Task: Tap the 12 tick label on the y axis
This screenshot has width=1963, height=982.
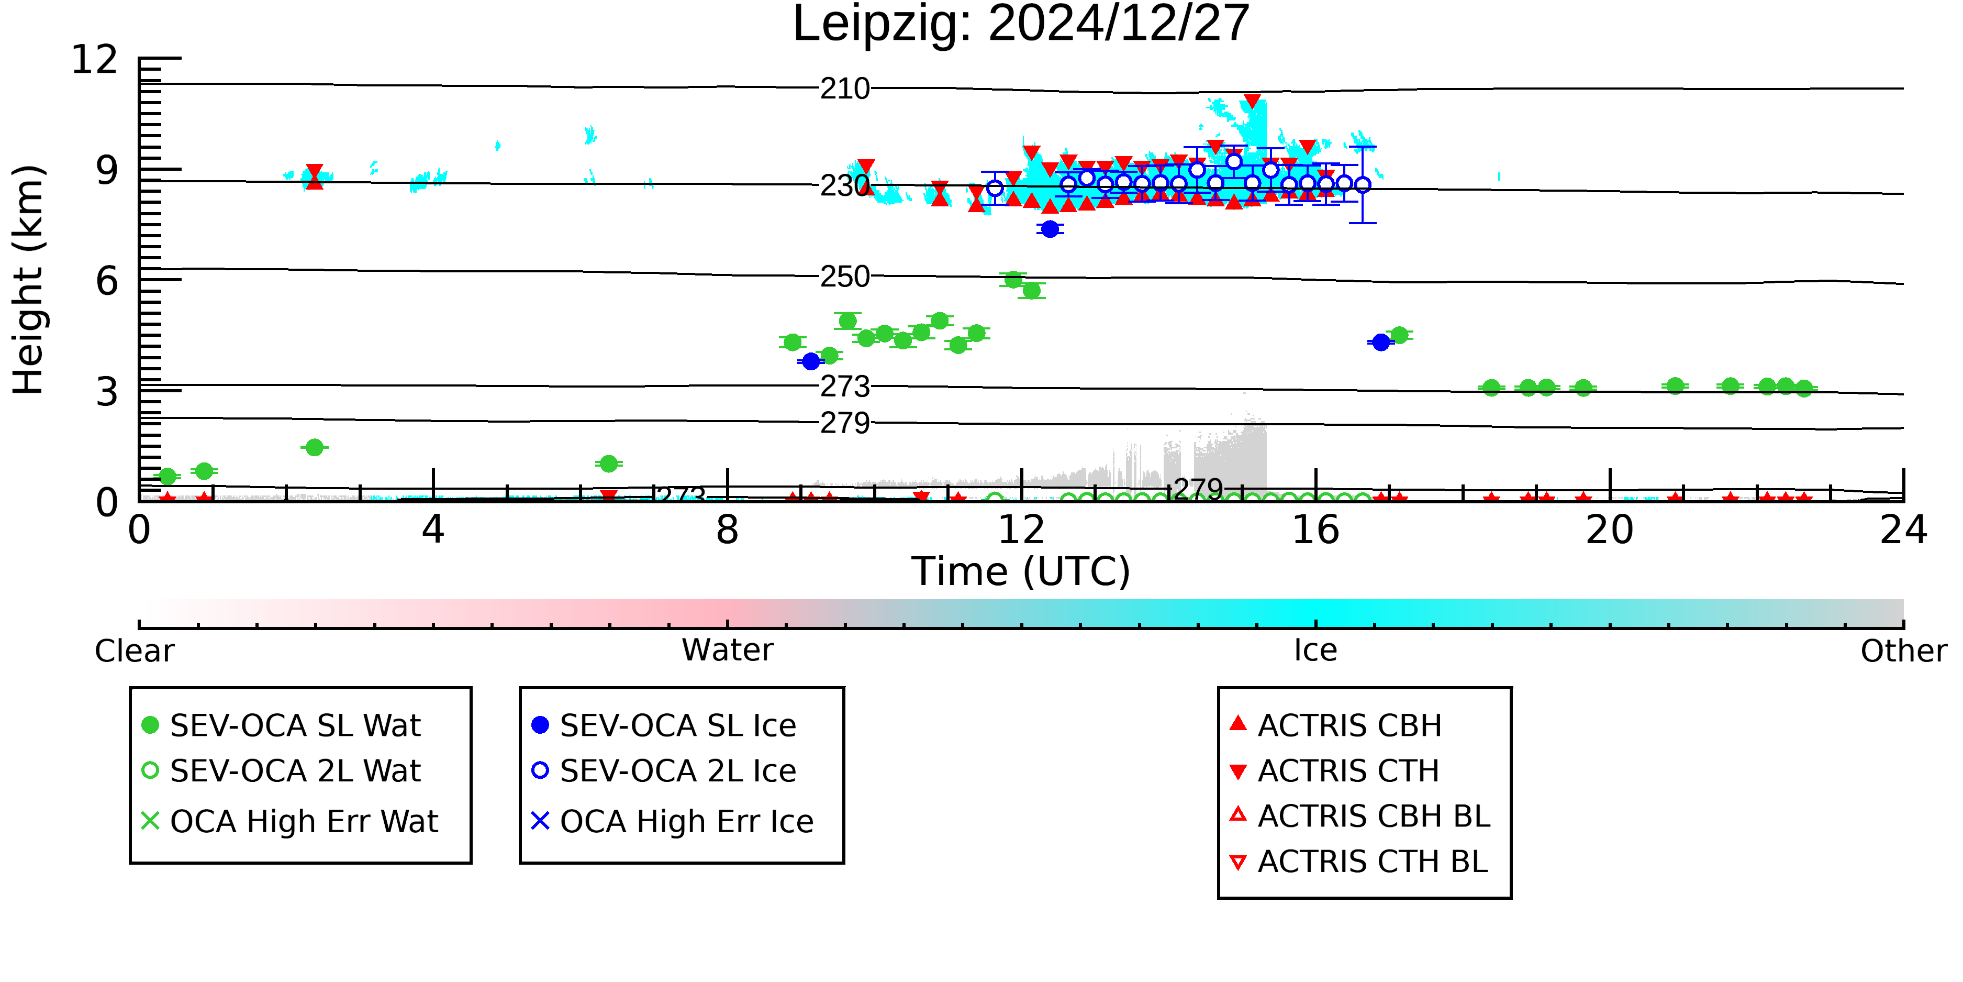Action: coord(95,60)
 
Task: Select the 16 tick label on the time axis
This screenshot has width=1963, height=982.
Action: coord(1315,530)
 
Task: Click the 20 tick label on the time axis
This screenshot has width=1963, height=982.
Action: coord(1610,530)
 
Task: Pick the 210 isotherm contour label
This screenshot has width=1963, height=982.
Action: coord(845,89)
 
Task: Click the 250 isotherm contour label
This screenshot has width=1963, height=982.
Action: coord(845,277)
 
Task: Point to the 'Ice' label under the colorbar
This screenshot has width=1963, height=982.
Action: coord(1315,650)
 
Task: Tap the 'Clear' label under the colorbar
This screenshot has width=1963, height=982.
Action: coord(134,651)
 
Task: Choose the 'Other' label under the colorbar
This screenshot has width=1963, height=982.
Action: coord(1903,651)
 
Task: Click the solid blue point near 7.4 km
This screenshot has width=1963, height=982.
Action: coord(1050,229)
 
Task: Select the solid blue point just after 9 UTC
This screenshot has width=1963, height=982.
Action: coord(811,361)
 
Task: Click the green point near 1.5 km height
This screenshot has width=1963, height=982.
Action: coord(314,448)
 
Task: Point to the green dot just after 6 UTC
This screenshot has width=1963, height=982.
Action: coord(608,464)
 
